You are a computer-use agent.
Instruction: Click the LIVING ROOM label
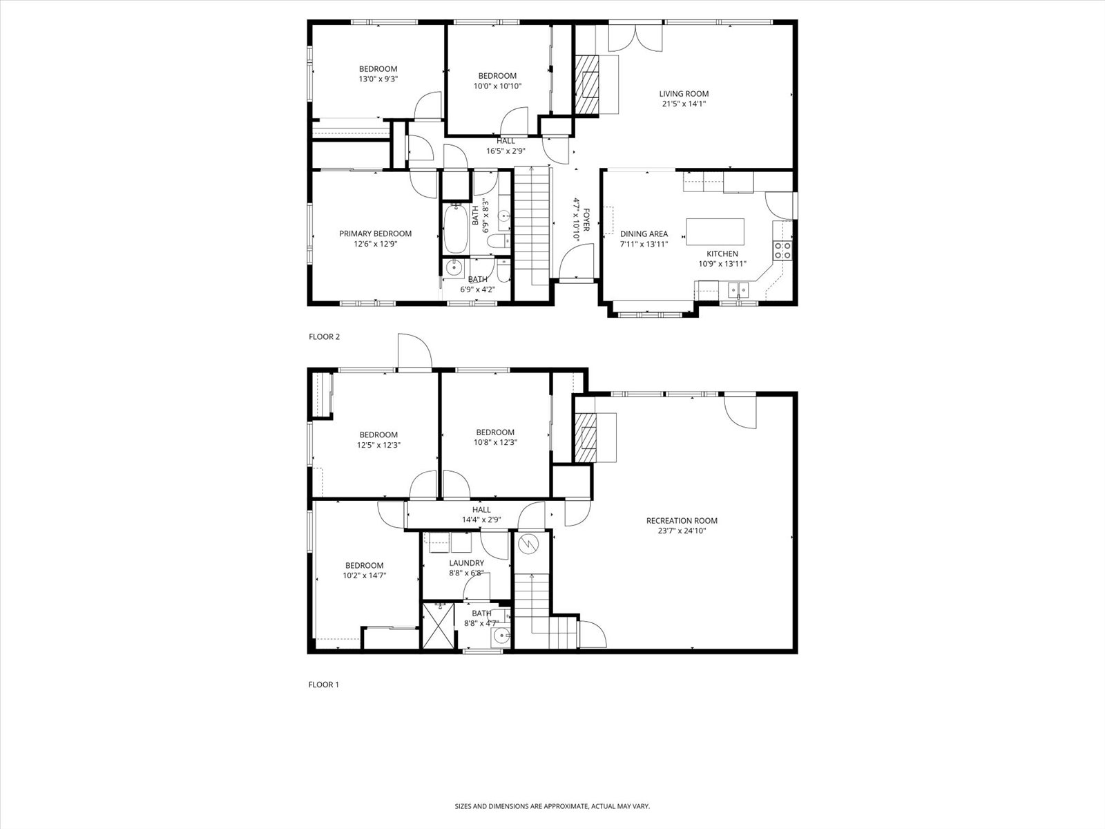[x=683, y=94]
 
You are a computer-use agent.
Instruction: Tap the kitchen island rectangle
[x=715, y=231]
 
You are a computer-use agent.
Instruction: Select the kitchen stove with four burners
[x=782, y=250]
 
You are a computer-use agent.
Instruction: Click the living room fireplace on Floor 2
[x=588, y=84]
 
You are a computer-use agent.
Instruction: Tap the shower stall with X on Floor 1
[x=439, y=627]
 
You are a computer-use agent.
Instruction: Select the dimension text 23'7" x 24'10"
[x=682, y=531]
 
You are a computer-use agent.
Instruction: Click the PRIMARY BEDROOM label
[x=375, y=234]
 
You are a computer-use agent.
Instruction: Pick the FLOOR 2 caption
[x=324, y=337]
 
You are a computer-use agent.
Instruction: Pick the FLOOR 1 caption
[x=323, y=685]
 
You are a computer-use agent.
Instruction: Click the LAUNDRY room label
[x=466, y=563]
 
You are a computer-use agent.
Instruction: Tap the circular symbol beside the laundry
[x=528, y=544]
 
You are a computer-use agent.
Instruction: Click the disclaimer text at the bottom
[x=552, y=806]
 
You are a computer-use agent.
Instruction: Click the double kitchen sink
[x=738, y=289]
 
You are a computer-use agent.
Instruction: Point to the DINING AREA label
[x=644, y=234]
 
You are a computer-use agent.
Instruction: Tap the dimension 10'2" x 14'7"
[x=364, y=575]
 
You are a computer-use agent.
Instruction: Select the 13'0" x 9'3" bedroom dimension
[x=378, y=79]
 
